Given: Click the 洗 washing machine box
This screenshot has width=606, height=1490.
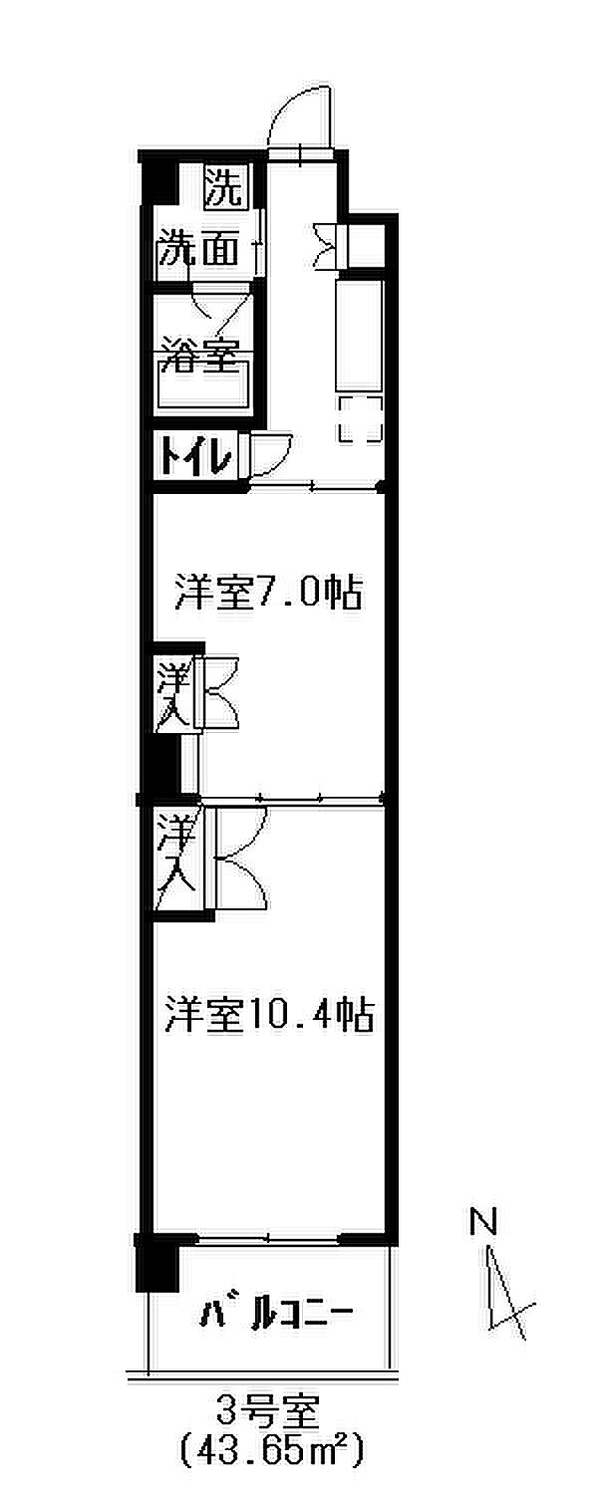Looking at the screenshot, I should tap(223, 186).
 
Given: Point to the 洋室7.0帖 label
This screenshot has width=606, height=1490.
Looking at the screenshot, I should tap(267, 594).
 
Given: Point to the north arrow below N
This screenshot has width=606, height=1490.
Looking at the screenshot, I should tap(503, 1295).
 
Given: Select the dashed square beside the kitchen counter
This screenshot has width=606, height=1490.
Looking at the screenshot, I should tap(360, 418).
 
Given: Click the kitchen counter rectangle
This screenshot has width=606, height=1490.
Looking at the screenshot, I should tap(359, 335).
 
